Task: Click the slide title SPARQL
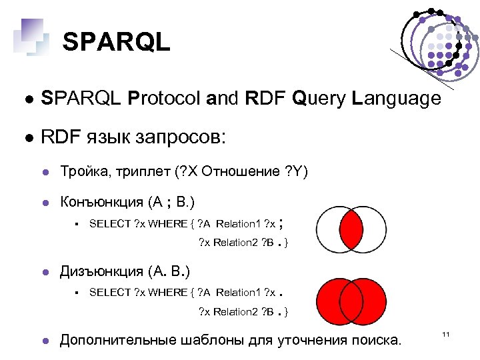point(117,42)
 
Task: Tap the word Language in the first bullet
point(397,99)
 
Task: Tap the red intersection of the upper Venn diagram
point(351,229)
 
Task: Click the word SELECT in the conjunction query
point(110,224)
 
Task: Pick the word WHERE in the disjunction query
point(168,293)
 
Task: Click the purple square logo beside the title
point(30,35)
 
